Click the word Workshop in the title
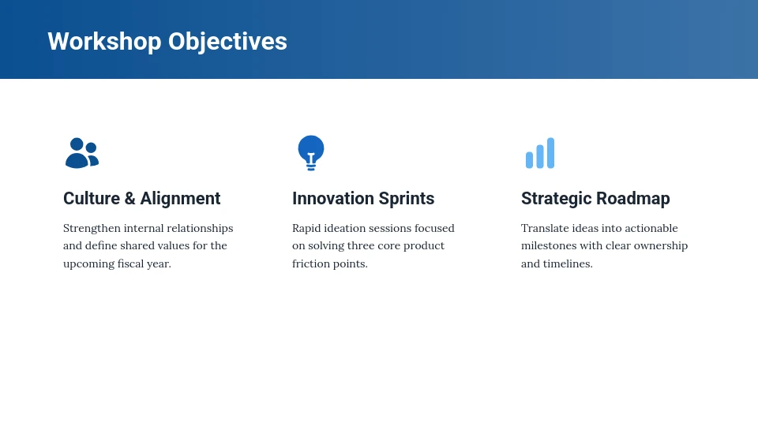tap(104, 42)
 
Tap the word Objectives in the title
tap(227, 42)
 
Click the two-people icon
tap(82, 153)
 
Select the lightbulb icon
tap(311, 153)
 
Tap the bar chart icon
tap(540, 153)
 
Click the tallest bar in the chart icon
tap(550, 153)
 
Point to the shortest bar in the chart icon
tap(529, 160)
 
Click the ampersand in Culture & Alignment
tap(130, 199)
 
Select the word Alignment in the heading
tap(180, 199)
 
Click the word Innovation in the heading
tap(333, 199)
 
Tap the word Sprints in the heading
tap(407, 199)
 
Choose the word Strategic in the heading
tap(557, 199)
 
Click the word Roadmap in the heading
tap(632, 199)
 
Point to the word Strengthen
tap(92, 228)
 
